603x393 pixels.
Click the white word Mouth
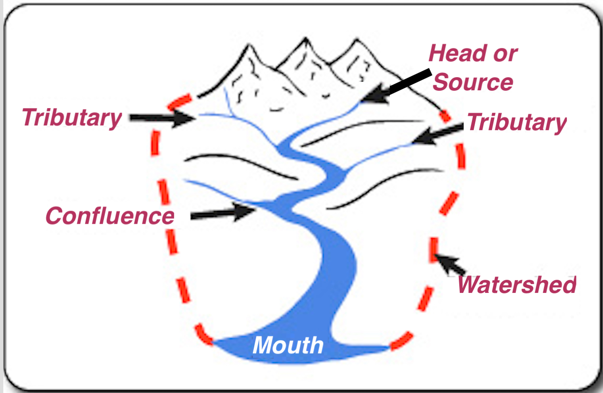click(x=288, y=345)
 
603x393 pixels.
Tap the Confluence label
click(x=110, y=216)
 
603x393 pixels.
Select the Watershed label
click(x=517, y=284)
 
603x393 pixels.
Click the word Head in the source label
click(x=458, y=53)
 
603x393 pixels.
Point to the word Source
click(x=473, y=82)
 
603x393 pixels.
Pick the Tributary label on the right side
click(x=517, y=123)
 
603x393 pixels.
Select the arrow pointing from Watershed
click(x=450, y=265)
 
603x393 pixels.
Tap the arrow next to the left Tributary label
click(x=162, y=118)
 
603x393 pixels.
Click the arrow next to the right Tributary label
click(x=438, y=134)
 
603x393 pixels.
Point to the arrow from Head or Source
click(x=396, y=86)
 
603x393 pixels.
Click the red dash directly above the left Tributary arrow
click(x=180, y=102)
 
